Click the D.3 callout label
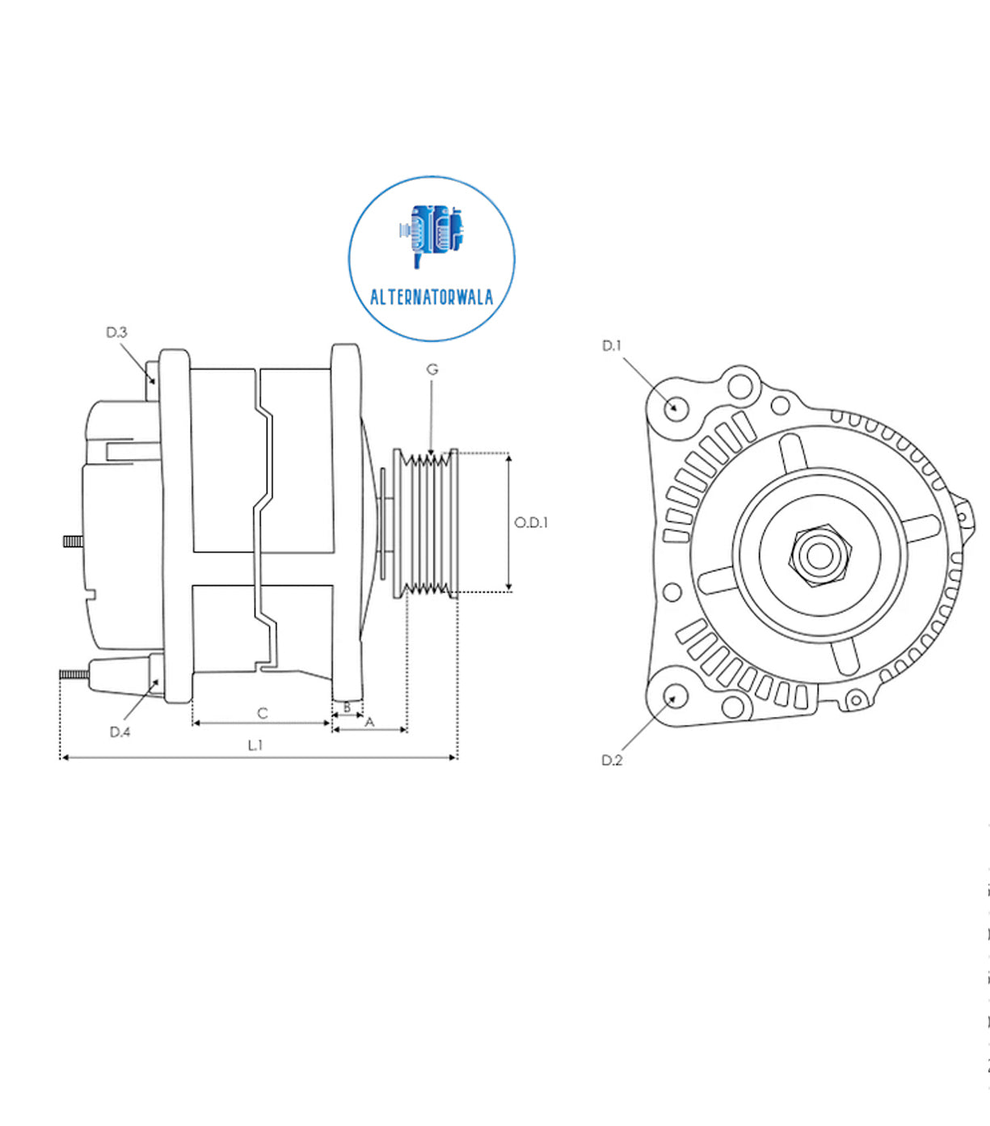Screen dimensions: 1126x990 coord(116,332)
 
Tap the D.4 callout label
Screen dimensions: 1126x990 coord(120,732)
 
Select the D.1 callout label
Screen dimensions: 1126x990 coord(612,346)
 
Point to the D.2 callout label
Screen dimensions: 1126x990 coord(612,760)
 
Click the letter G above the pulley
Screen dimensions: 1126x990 coord(432,369)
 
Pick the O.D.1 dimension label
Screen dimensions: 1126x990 coord(531,523)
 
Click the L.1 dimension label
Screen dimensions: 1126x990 coord(255,745)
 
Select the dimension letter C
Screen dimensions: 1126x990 coord(262,713)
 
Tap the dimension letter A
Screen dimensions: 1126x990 coord(370,722)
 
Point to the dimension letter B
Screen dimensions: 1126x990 coord(348,707)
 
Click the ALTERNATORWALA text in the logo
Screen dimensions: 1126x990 coord(432,297)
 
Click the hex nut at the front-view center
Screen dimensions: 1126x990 coord(819,555)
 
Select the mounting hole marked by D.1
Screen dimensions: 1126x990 coord(674,407)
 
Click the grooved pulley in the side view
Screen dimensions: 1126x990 coord(426,523)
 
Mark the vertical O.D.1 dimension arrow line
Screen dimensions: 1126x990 coord(509,522)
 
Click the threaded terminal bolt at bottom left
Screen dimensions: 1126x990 coord(74,674)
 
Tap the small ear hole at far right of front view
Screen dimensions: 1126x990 coord(963,515)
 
